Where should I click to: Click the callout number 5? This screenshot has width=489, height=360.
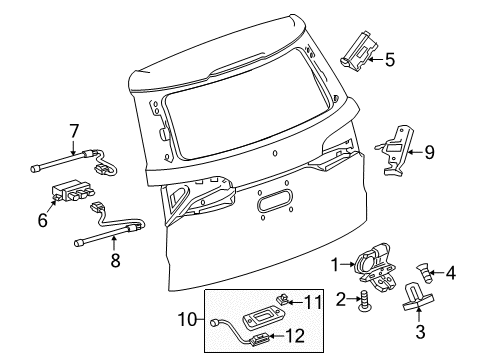pyautogui.click(x=389, y=59)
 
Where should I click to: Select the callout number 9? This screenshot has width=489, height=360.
pyautogui.click(x=429, y=153)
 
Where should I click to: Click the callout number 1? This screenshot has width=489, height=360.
pyautogui.click(x=336, y=264)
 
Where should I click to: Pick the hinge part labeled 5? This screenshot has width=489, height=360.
pyautogui.click(x=357, y=50)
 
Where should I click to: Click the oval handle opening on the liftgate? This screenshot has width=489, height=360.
pyautogui.click(x=272, y=205)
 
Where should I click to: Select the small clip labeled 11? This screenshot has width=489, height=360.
pyautogui.click(x=285, y=299)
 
